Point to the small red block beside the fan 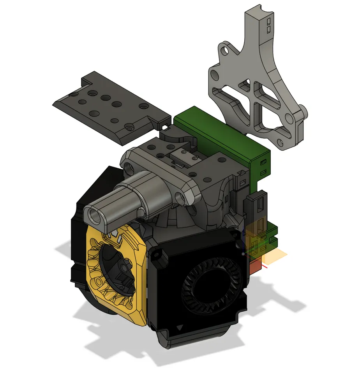tap(255, 267)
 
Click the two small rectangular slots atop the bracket tap(268, 26)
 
